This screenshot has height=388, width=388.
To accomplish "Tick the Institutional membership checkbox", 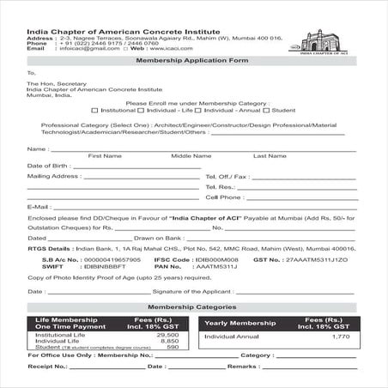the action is (95, 110).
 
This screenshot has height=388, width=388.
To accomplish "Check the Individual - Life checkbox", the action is (142, 110).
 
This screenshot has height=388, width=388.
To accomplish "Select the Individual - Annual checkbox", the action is (198, 110).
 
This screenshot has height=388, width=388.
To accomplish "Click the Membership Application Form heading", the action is (193, 61).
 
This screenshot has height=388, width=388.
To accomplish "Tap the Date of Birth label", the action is (48, 165).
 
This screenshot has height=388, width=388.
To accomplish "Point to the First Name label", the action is (105, 155).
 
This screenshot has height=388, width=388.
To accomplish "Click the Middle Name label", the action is (191, 155).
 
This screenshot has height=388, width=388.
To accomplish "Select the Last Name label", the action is (270, 155).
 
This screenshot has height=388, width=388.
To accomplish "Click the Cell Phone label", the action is (224, 197).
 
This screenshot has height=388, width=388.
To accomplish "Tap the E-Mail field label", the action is (39, 207).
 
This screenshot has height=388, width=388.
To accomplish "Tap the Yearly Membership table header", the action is (241, 323).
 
